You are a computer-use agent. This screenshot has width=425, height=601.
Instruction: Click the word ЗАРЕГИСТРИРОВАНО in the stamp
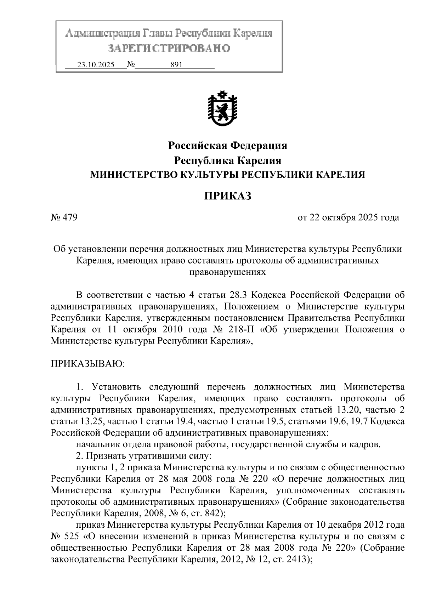point(169,48)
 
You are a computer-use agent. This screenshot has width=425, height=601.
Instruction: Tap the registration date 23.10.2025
point(96,65)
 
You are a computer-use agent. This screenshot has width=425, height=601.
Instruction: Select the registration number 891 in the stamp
point(176,65)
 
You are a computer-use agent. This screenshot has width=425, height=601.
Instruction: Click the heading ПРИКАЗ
point(227,195)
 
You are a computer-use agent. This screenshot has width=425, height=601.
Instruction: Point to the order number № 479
point(64,217)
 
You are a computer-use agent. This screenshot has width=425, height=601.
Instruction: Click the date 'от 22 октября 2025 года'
point(348,217)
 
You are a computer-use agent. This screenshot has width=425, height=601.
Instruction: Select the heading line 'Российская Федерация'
point(227,145)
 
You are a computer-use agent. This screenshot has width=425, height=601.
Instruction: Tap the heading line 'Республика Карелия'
point(227,160)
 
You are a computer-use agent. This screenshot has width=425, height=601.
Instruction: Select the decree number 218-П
point(241,329)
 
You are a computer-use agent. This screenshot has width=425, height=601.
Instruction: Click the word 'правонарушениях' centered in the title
point(227,272)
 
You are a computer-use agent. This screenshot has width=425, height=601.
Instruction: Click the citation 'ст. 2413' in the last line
point(293,559)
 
